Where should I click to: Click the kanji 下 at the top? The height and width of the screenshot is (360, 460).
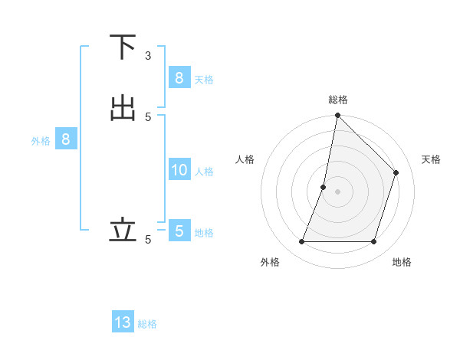coord(123,47)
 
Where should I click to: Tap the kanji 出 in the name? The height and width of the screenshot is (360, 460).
coord(123,108)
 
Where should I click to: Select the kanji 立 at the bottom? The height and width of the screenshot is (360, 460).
coord(123,229)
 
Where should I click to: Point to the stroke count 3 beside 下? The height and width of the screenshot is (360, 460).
coord(148,56)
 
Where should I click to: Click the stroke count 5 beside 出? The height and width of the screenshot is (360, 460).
coord(148,116)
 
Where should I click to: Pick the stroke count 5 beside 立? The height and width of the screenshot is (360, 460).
coord(148,239)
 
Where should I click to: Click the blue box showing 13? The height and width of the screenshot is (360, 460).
coord(123,322)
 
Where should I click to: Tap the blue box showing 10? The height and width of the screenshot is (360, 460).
coord(179,170)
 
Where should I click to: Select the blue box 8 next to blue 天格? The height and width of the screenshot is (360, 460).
coord(179,77)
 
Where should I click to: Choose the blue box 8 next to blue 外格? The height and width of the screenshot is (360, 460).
coord(66,139)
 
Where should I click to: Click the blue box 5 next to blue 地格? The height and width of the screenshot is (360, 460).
coord(179,231)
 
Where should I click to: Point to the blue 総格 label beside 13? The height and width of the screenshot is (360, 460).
coord(147,324)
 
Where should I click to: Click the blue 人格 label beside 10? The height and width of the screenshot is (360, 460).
coord(205,172)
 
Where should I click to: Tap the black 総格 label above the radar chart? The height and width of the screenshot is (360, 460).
coord(337,100)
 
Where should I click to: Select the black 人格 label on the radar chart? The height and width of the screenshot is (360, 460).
coord(245,159)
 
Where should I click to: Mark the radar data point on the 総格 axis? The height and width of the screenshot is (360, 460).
coord(337,115)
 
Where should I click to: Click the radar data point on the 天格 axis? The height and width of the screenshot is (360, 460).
coord(396,172)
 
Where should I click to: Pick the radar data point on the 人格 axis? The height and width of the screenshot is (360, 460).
coord(324,187)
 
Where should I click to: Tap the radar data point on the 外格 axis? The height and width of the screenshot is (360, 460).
coord(301,242)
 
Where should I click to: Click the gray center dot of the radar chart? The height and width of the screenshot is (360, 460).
coord(337,191)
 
